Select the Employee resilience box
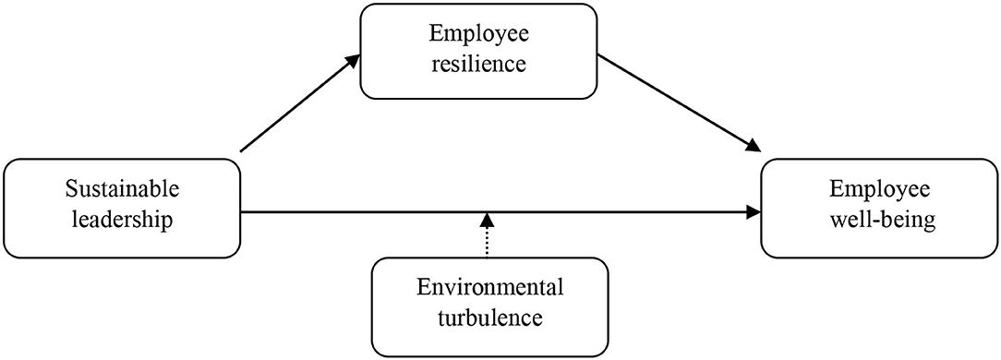(x=479, y=51)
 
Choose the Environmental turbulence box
(x=490, y=304)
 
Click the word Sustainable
(x=122, y=189)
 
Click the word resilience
(x=479, y=66)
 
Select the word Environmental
(x=490, y=288)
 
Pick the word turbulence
(x=490, y=319)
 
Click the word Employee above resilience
(x=479, y=34)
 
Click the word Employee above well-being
(x=878, y=189)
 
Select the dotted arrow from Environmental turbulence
(x=488, y=240)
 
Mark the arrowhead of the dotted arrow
(x=488, y=220)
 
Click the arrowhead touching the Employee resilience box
(x=353, y=59)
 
